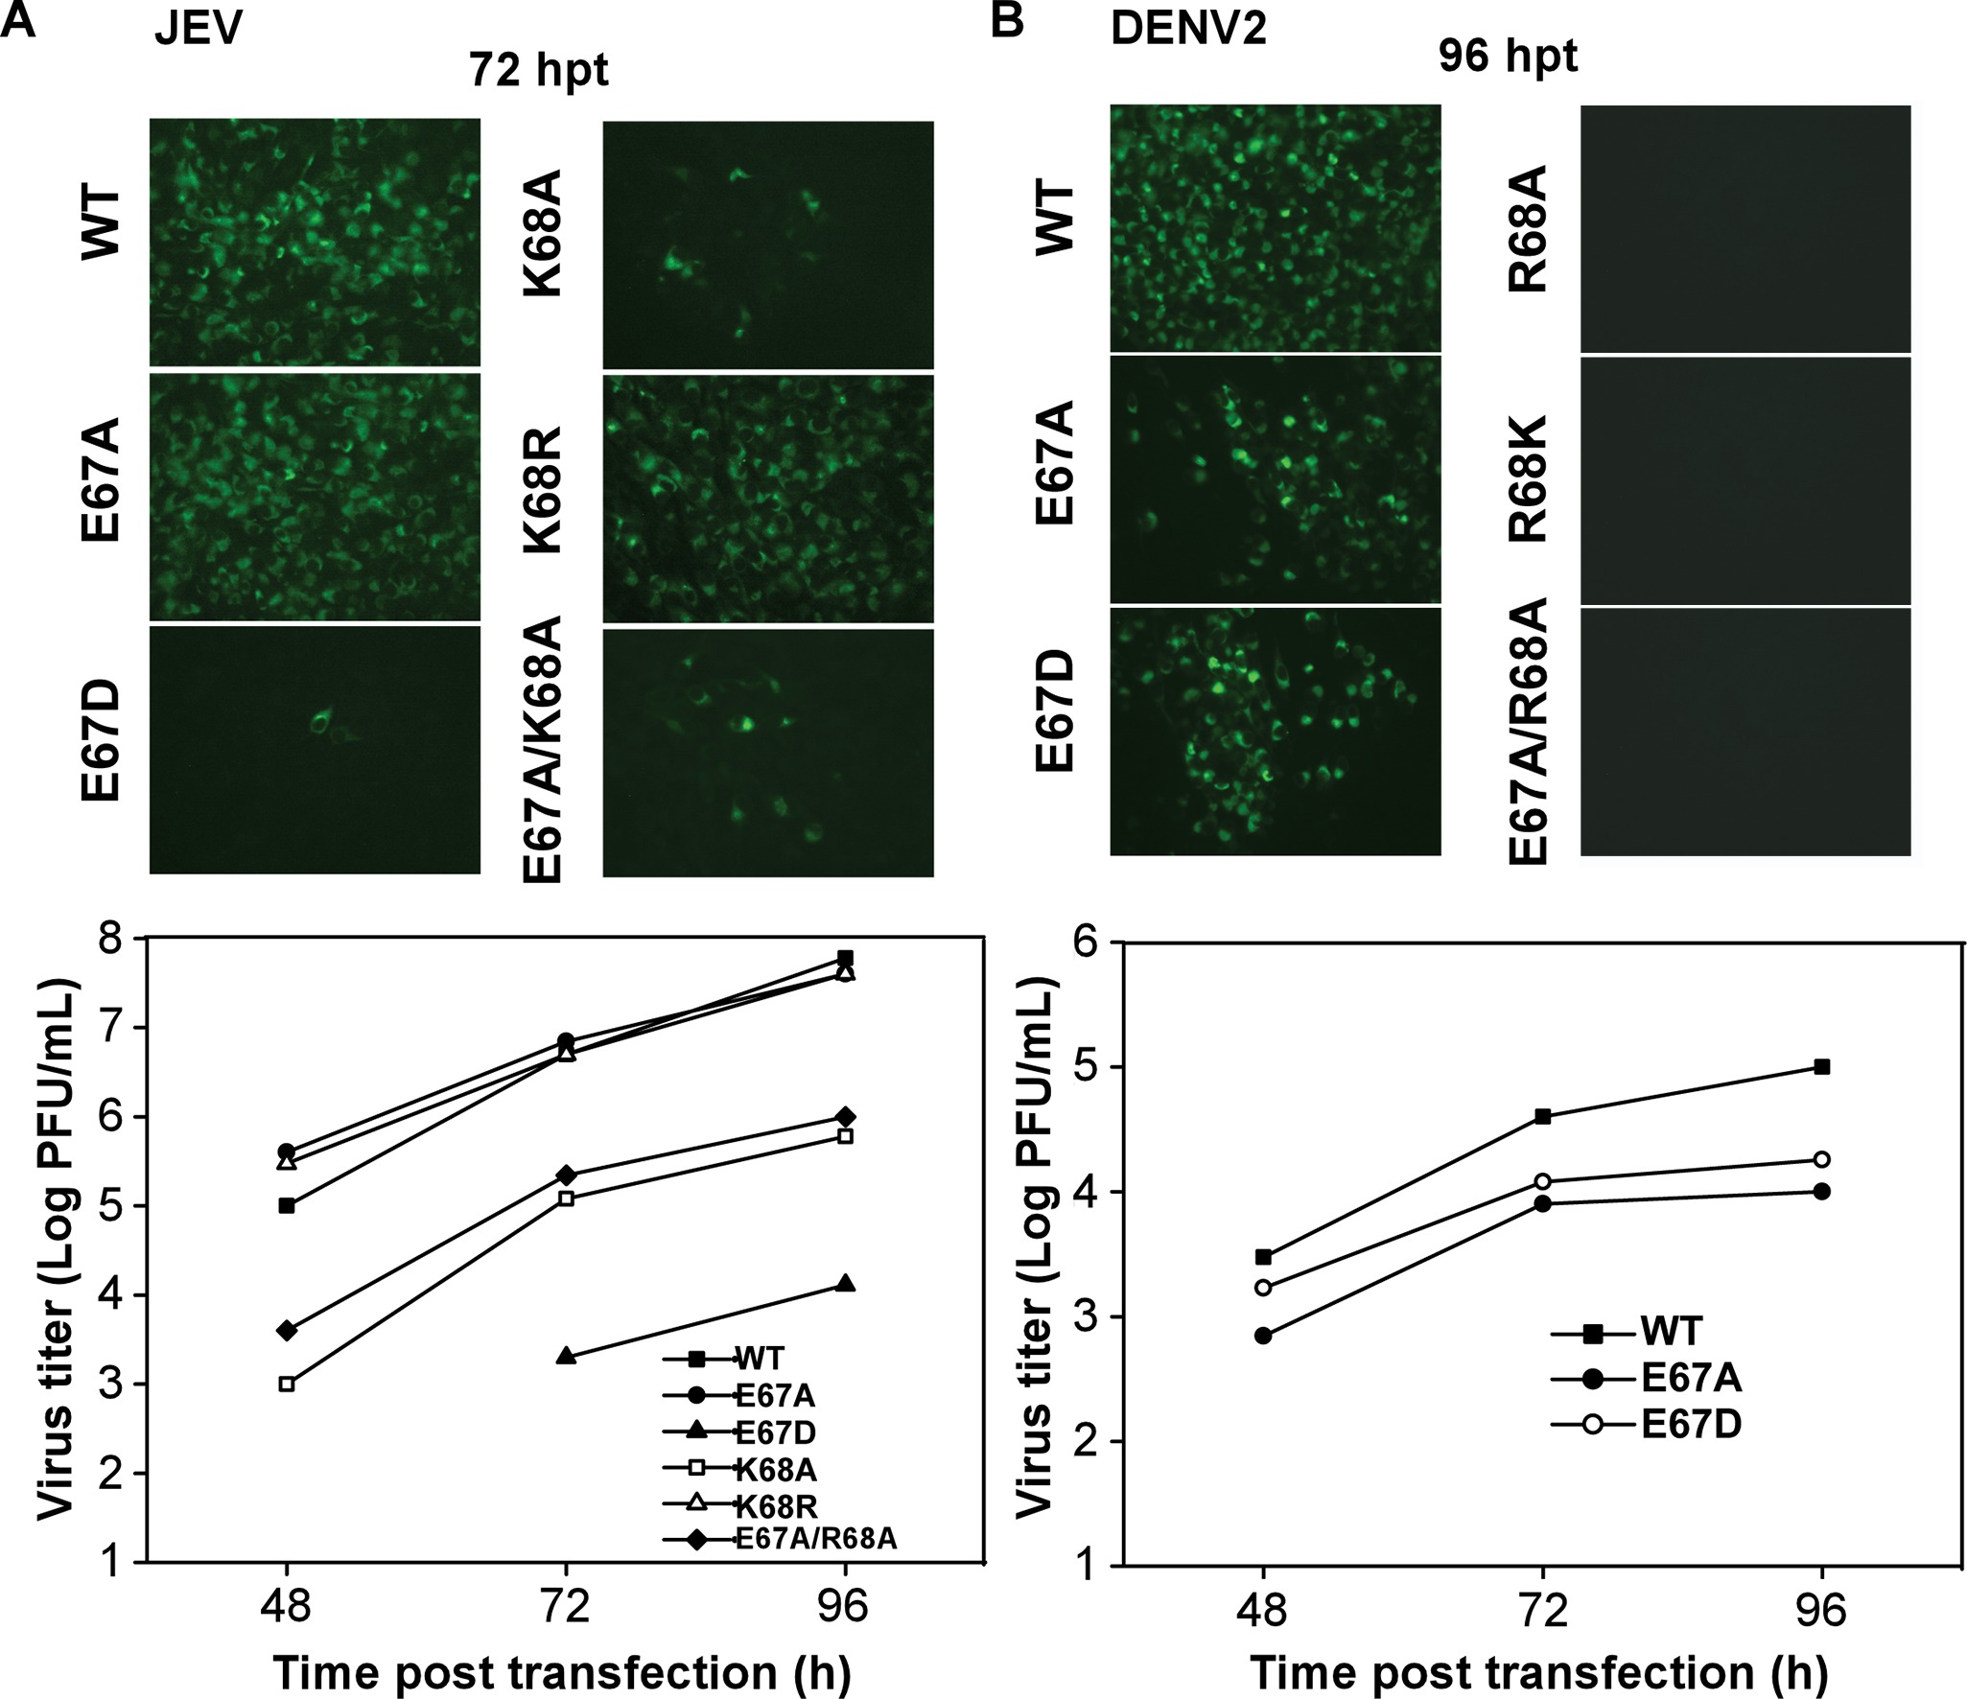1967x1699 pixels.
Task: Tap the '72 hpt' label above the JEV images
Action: tap(538, 70)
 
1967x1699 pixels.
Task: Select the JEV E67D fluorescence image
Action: tap(315, 749)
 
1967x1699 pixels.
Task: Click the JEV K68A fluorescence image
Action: tap(767, 244)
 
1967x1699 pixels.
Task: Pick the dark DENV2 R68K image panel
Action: tap(1745, 480)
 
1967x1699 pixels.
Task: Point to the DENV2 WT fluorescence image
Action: tap(1275, 228)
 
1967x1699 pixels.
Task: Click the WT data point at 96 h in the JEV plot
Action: tap(845, 958)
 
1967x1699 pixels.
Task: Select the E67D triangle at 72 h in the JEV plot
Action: tap(566, 1356)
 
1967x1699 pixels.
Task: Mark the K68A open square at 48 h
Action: tap(286, 1384)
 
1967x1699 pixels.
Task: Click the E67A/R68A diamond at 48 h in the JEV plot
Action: tap(286, 1330)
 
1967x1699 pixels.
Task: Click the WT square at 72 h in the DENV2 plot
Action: tap(1543, 1116)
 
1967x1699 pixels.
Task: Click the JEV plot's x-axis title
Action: tap(563, 1672)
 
